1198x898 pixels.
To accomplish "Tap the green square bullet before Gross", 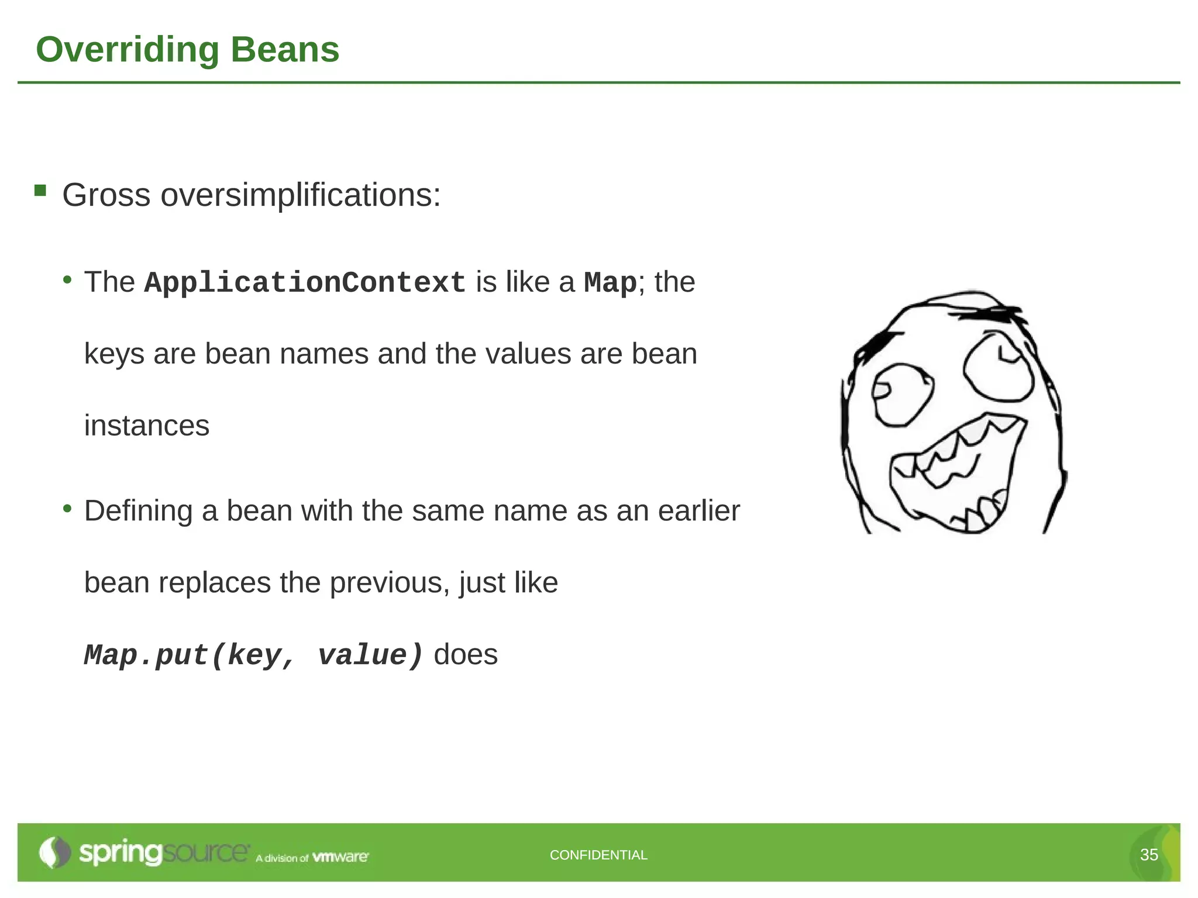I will [40, 190].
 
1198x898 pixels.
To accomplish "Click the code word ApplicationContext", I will [304, 283].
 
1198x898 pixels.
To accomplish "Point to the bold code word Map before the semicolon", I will [610, 283].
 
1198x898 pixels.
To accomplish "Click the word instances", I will [146, 425].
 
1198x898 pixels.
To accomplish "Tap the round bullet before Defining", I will [68, 508].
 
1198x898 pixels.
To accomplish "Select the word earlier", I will [698, 511].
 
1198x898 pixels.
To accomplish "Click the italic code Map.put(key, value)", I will [253, 655].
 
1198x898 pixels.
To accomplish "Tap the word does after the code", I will [466, 654].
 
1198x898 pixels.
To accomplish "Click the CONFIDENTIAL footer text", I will [598, 855].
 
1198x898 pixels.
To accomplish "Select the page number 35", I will [1149, 855].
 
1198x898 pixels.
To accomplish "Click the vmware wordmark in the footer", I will [340, 857].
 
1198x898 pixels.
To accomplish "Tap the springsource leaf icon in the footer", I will [54, 852].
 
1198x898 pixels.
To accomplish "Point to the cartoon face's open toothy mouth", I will [959, 474].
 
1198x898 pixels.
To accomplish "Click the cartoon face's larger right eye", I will [998, 367].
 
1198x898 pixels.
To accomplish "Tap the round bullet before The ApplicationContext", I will [68, 279].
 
